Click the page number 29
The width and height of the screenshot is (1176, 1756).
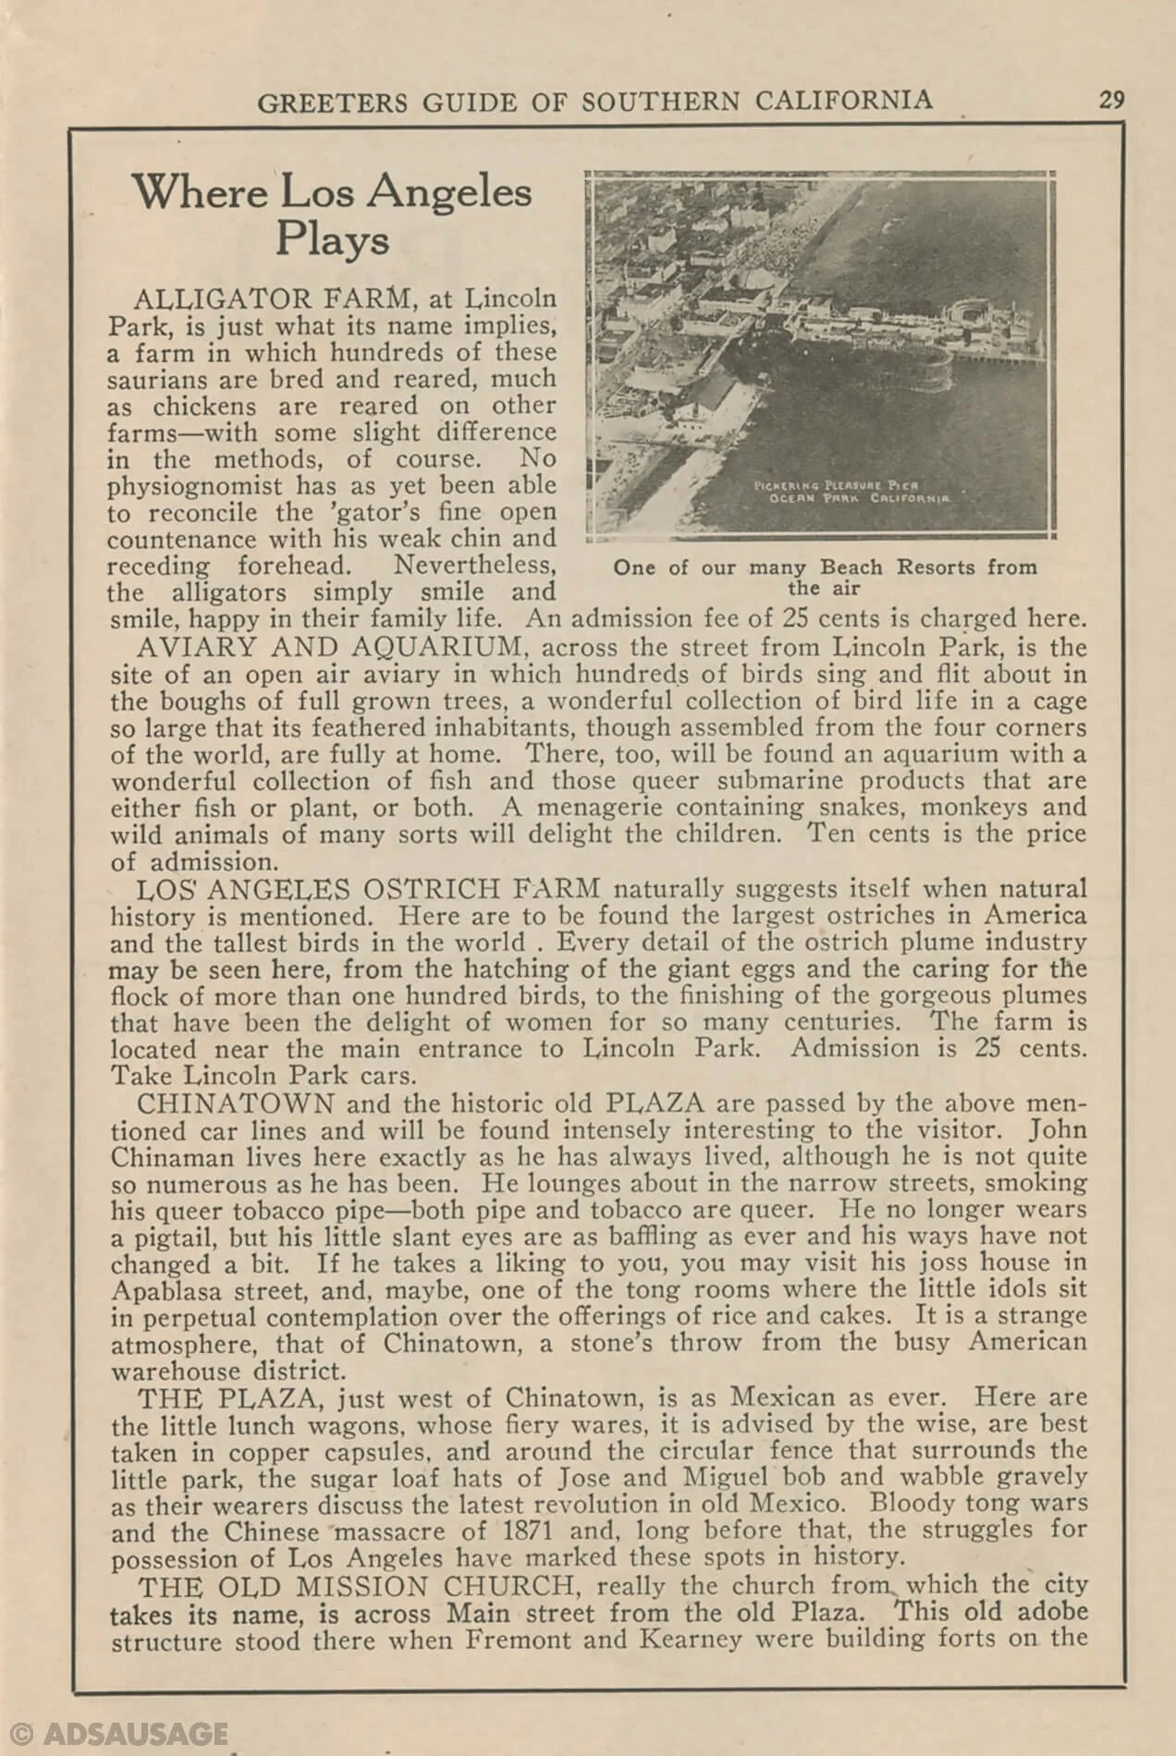1111,100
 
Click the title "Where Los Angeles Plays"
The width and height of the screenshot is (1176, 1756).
333,215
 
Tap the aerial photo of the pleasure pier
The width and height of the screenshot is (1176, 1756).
822,355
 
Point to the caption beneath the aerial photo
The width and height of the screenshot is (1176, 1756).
824,578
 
